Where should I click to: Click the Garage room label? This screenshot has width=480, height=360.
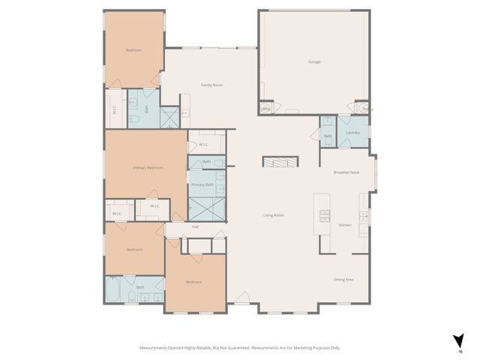pos(314,61)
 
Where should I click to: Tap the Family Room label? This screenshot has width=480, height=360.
pos(211,85)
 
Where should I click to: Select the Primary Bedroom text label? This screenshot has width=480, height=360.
pos(148,167)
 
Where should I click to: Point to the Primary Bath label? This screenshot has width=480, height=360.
pos(202,184)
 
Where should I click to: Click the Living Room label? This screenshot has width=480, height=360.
pos(273,215)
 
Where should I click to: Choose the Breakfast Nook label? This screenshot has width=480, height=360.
pos(346,172)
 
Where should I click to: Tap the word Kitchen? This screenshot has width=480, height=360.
pos(345,225)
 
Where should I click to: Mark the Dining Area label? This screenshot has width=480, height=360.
pos(343,280)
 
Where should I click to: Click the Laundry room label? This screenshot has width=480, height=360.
pos(353,133)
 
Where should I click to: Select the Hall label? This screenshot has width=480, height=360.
pos(195,226)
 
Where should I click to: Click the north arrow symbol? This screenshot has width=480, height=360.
pos(458,340)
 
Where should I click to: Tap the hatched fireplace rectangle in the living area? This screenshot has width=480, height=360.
pos(280,161)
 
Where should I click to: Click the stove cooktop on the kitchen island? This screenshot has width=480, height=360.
pos(325,216)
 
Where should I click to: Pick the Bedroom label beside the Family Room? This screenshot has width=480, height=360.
pos(133,50)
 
